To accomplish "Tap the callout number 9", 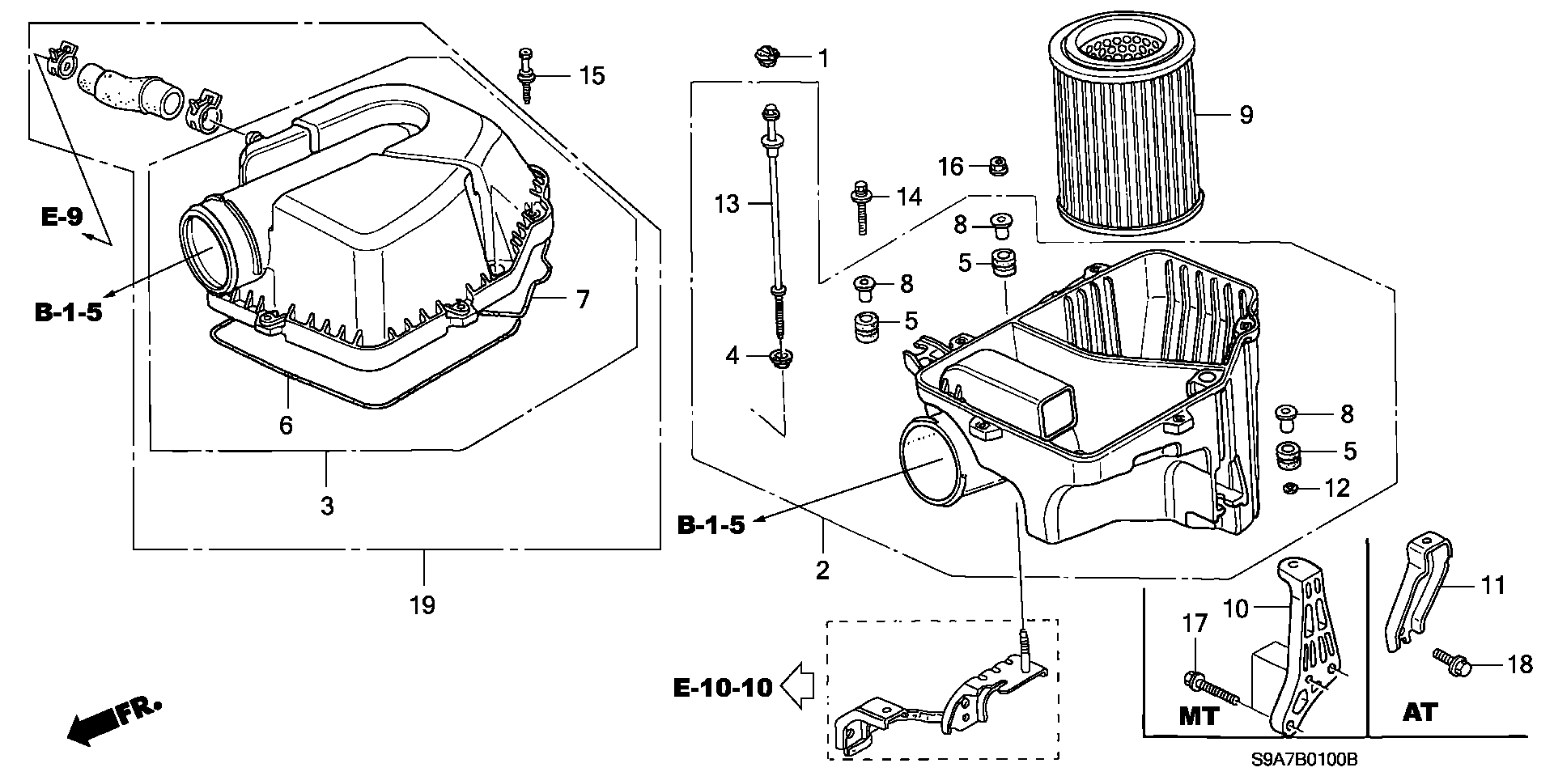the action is tap(1246, 115).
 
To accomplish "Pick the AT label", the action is tap(1420, 712).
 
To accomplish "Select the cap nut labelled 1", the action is tap(765, 57).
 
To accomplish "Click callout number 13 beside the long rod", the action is tap(727, 203).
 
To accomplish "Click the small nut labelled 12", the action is tap(1292, 488).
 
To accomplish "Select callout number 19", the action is tap(422, 604).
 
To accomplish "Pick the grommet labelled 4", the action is tap(782, 361).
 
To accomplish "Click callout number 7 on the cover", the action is tap(583, 299).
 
